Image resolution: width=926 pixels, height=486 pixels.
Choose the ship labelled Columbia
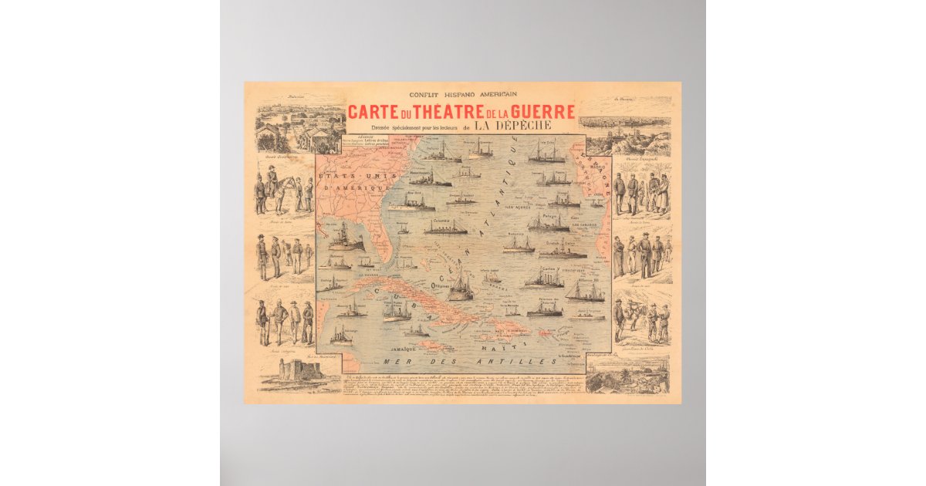coord(445,228)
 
